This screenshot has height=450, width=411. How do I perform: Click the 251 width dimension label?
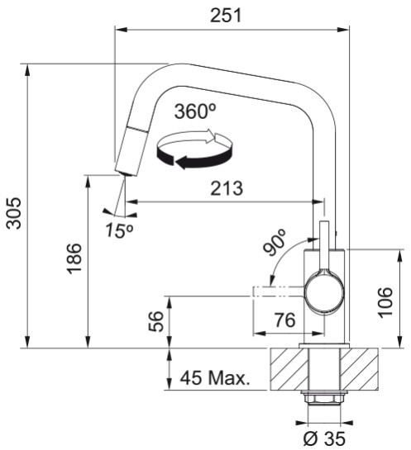tap(226, 16)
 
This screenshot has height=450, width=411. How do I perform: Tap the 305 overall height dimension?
tap(14, 213)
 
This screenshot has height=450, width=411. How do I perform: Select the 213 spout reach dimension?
tap(227, 188)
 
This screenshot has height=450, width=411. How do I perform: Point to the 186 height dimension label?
tap(74, 258)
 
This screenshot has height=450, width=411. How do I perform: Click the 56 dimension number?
tap(156, 321)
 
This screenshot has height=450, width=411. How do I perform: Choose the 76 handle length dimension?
tap(284, 320)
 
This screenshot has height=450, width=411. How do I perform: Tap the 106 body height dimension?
tap(385, 302)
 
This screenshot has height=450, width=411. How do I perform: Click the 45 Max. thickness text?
tap(215, 377)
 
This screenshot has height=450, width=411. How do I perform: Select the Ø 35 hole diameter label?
tap(324, 438)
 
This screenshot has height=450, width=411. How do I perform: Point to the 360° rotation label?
tap(195, 111)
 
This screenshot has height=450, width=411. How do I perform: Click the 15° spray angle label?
tap(120, 230)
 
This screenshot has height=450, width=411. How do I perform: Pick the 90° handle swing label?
tap(274, 242)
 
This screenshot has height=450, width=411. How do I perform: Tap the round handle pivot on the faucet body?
tap(324, 292)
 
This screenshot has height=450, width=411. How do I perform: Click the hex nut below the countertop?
tap(324, 399)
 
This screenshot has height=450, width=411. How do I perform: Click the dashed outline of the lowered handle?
tap(278, 291)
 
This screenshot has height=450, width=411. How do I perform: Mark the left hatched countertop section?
tap(289, 369)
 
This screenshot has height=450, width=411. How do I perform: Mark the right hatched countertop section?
tap(359, 369)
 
